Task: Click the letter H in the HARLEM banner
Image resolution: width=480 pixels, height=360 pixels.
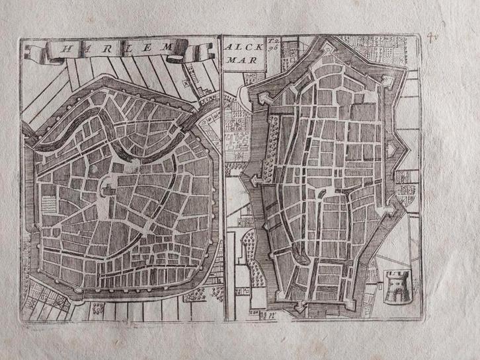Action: point(65,48)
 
